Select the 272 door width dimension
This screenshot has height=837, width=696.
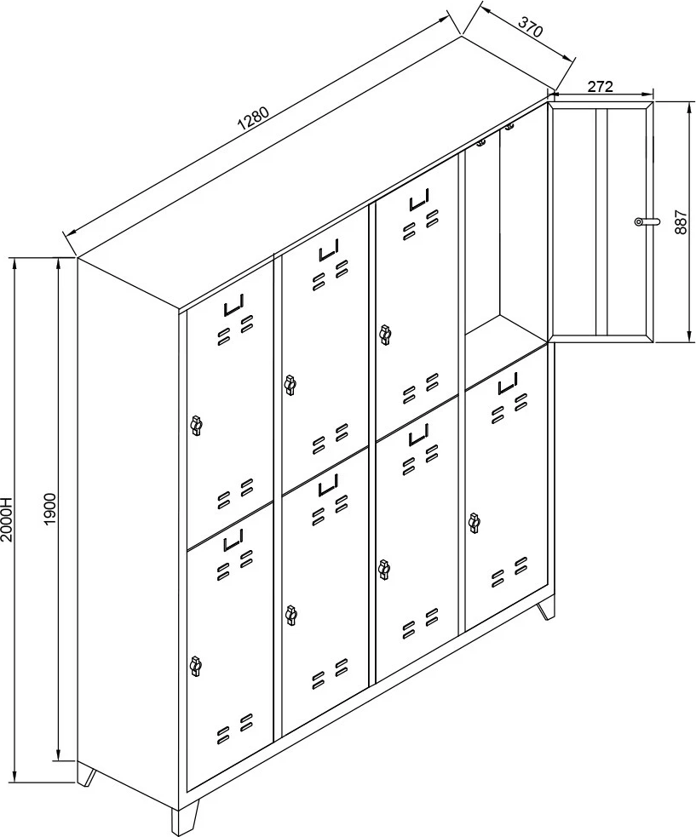pos(601,86)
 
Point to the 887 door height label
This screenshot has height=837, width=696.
pos(679,221)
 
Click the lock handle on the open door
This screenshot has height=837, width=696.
pos(646,221)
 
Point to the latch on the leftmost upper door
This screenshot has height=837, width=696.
pos(197,424)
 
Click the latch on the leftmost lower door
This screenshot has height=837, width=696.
pos(197,666)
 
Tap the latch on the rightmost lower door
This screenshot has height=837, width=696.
pos(474,521)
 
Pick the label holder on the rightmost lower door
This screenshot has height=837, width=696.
pos(508,384)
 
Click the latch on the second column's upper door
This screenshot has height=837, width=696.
pos(290,385)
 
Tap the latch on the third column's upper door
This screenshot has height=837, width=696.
pos(385,335)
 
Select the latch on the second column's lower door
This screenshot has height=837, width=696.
pos(291,613)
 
